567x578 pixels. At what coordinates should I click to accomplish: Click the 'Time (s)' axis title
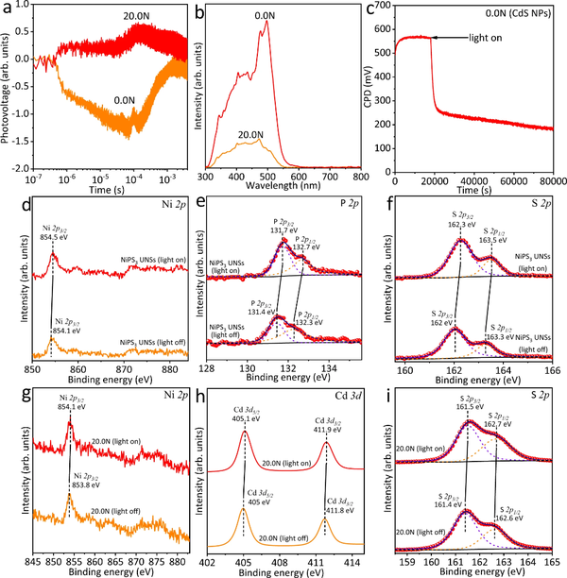click(x=99, y=189)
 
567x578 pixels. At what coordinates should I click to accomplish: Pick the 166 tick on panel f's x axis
click(x=550, y=371)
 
